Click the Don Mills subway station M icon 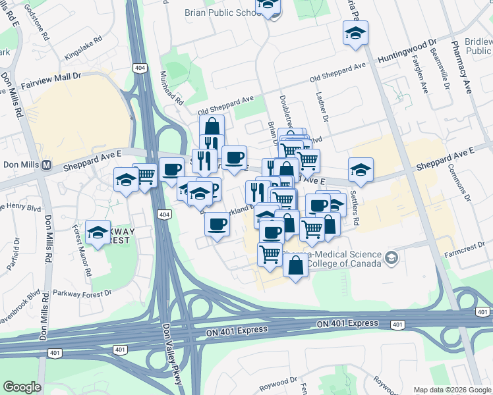click(47, 165)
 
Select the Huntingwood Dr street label click(407, 53)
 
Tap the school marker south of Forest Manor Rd click(98, 232)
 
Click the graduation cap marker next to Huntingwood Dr click(355, 33)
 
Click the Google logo click(22, 386)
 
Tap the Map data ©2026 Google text click(451, 390)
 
